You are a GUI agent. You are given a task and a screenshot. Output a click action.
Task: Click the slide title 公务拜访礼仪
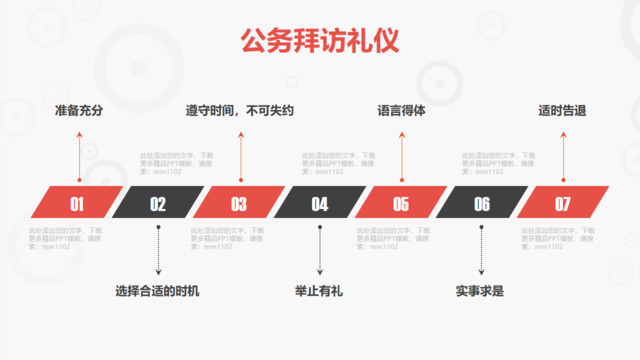[319, 42]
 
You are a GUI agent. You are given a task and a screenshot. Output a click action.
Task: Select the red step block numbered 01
[77, 204]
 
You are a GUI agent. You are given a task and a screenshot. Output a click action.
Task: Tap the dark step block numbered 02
[158, 204]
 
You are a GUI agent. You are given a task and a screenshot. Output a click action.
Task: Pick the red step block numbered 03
[239, 204]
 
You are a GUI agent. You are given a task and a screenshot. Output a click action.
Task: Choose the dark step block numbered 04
[320, 204]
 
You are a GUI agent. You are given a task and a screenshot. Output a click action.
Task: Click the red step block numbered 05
[401, 204]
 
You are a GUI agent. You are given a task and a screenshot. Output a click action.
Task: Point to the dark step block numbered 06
[482, 204]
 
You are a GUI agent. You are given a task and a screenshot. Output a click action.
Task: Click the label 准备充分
[79, 111]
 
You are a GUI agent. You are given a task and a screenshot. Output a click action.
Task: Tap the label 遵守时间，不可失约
[240, 111]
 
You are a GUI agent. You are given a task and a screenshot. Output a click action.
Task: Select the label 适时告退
[562, 111]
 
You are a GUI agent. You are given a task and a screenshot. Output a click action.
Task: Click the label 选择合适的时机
[158, 292]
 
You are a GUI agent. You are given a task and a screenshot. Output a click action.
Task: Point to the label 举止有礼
[319, 292]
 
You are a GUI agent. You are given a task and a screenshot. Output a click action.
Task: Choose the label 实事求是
[481, 292]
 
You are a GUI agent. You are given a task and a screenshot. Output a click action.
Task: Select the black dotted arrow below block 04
[320, 250]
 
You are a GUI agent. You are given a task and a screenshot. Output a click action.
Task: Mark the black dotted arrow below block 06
[481, 250]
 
